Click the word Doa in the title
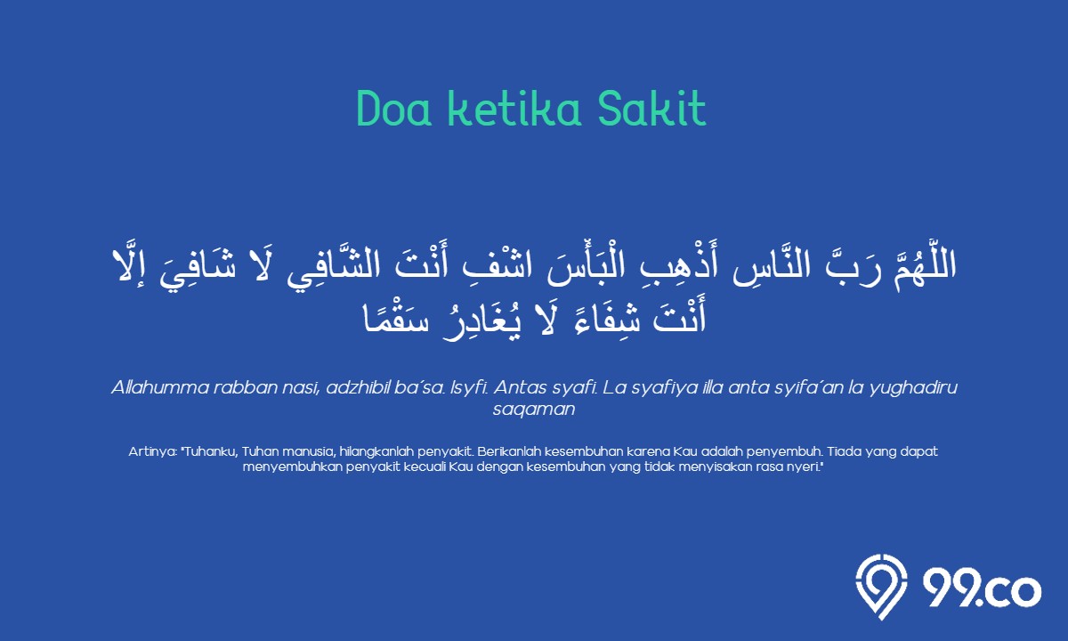point(393,109)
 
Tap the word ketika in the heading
point(514,108)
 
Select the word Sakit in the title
point(651,108)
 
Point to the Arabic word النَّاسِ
point(772,268)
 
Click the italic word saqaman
point(534,410)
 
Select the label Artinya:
point(153,451)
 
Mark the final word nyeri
point(810,467)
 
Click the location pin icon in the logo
point(881,587)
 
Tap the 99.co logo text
point(982,590)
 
